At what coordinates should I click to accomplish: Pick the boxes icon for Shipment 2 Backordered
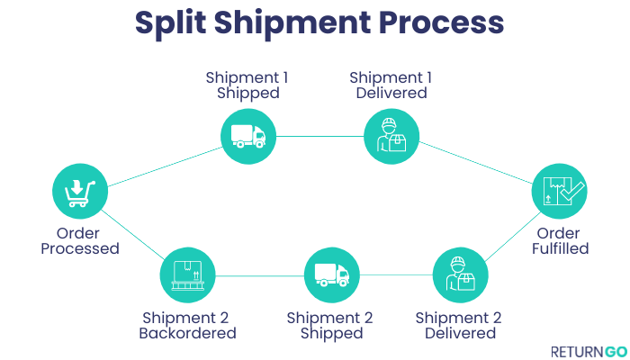pyautogui.click(x=187, y=274)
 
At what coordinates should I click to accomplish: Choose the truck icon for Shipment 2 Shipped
pyautogui.click(x=331, y=274)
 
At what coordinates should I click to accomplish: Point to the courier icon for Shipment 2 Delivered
pyautogui.click(x=460, y=274)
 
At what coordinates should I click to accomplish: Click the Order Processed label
pyautogui.click(x=80, y=240)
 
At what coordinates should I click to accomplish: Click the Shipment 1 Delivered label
pyautogui.click(x=391, y=85)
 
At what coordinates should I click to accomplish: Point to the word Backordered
pyautogui.click(x=187, y=333)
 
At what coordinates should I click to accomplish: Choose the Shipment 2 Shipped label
pyautogui.click(x=330, y=325)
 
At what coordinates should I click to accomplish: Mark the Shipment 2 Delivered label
pyautogui.click(x=458, y=325)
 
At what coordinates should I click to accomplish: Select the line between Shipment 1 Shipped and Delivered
pyautogui.click(x=320, y=137)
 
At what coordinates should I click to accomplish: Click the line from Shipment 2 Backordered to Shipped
pyautogui.click(x=259, y=275)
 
